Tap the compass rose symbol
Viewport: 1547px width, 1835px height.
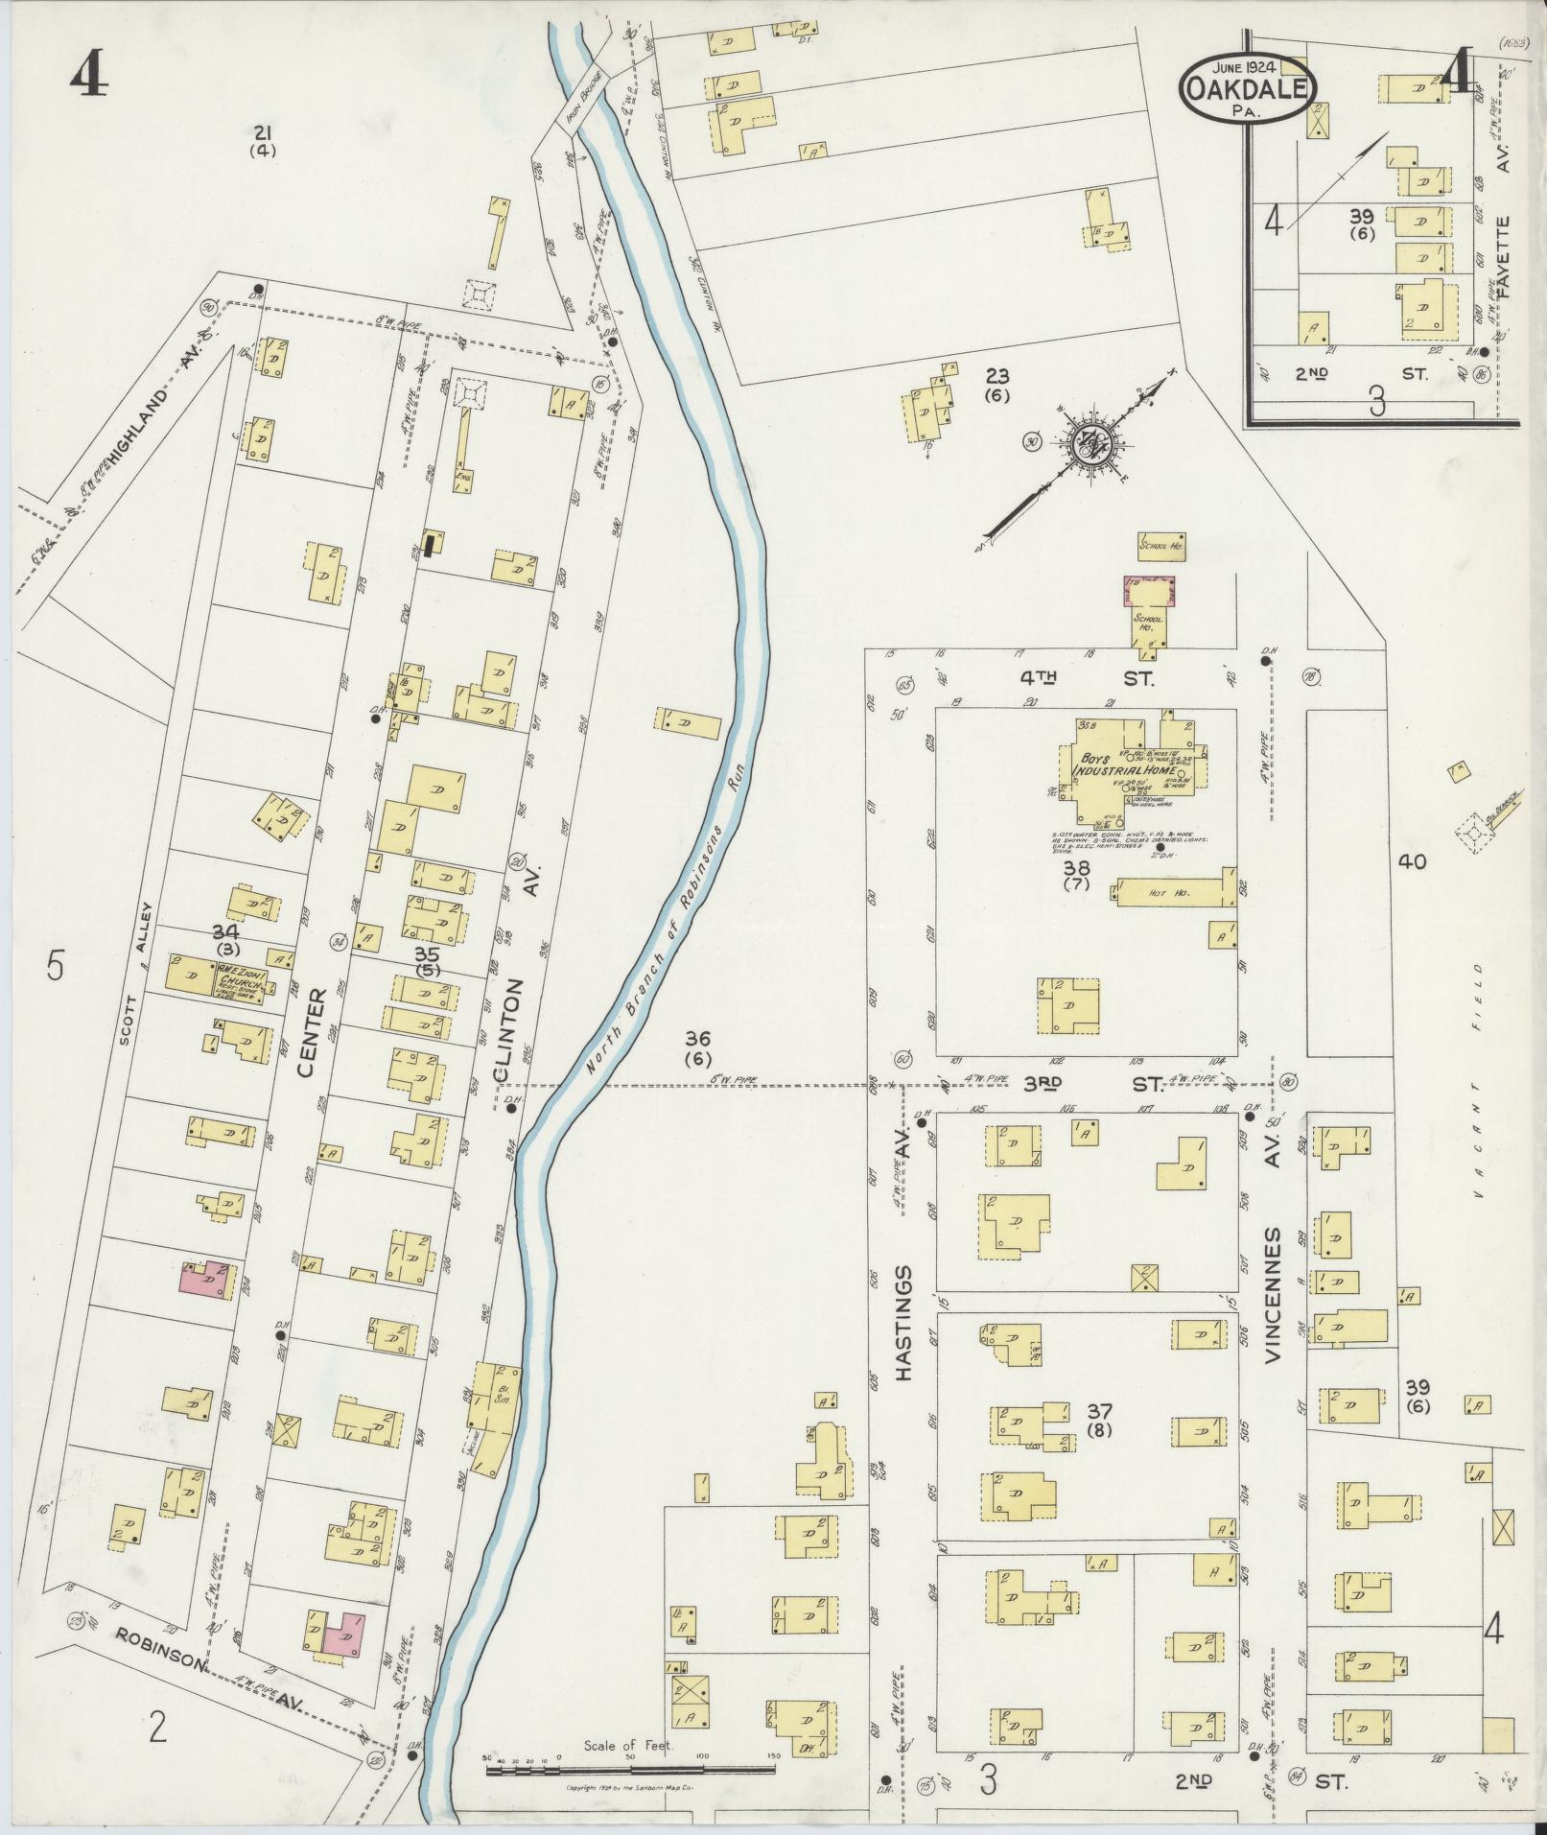(x=1094, y=443)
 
